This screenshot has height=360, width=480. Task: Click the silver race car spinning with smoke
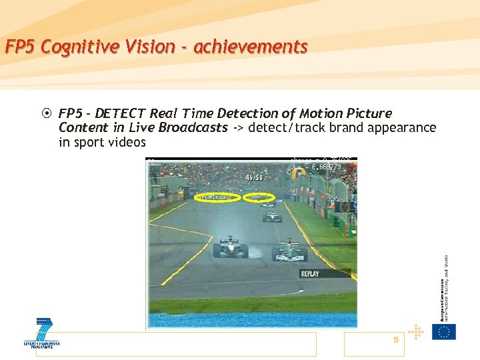pos(230,247)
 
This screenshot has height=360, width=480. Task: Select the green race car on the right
pos(289,251)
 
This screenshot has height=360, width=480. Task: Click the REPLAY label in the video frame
pos(310,273)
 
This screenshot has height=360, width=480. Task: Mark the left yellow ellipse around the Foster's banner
pos(217,197)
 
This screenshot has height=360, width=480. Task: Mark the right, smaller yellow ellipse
pos(259,197)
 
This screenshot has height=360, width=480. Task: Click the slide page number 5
pos(395,340)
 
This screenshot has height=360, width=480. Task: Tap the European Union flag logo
pos(444,331)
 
